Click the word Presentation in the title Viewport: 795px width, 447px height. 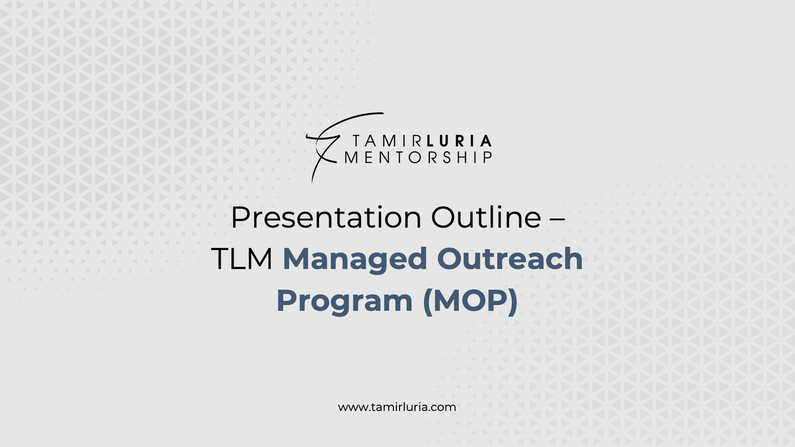pyautogui.click(x=326, y=217)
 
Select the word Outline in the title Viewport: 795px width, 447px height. pyautogui.click(x=486, y=217)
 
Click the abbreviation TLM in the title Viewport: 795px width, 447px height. pyautogui.click(x=242, y=259)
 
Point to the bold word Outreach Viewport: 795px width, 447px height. pyautogui.click(x=510, y=258)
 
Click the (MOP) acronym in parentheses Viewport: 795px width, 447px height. pyautogui.click(x=470, y=301)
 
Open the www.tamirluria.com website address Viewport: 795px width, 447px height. pyautogui.click(x=397, y=407)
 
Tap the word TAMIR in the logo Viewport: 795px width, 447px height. pyautogui.click(x=387, y=141)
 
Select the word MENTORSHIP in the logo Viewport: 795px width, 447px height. pyautogui.click(x=418, y=157)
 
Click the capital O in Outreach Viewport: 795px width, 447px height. pyautogui.click(x=450, y=259)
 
